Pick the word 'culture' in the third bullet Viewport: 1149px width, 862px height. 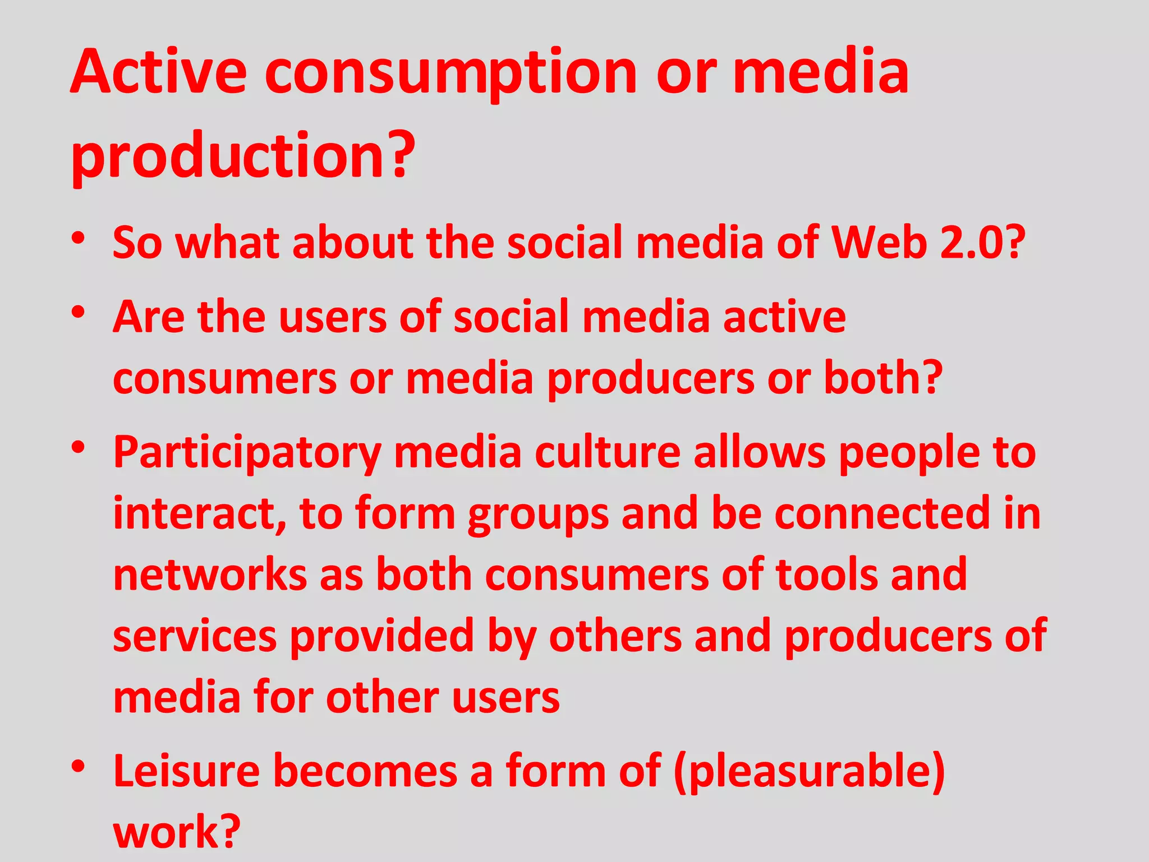pyautogui.click(x=608, y=452)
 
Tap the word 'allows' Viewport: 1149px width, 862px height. pyautogui.click(x=760, y=452)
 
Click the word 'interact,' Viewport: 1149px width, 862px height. pyautogui.click(x=200, y=514)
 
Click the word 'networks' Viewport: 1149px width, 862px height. pyautogui.click(x=210, y=575)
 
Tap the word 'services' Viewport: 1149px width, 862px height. pyautogui.click(x=195, y=636)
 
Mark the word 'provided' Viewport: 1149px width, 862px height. pyautogui.click(x=382, y=636)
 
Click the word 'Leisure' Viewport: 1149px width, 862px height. pyautogui.click(x=187, y=771)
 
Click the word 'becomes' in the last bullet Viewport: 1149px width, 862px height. pyautogui.click(x=365, y=771)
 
